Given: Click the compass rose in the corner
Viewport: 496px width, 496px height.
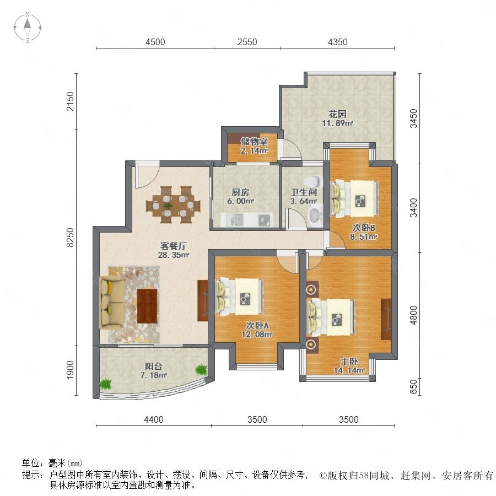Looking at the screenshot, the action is (x=28, y=28).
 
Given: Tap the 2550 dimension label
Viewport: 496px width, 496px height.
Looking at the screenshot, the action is (x=247, y=42).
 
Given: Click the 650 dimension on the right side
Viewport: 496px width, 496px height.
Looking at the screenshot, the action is (x=413, y=386).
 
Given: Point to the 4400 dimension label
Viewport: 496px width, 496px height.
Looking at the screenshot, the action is (x=153, y=419).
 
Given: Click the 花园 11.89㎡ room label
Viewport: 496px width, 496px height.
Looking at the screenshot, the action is (x=337, y=118).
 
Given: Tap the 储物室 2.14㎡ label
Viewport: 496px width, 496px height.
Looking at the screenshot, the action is (x=254, y=146).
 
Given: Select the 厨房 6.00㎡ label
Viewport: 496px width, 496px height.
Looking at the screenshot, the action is (x=240, y=196).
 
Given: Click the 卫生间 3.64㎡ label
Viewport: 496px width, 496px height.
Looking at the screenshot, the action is (x=304, y=196).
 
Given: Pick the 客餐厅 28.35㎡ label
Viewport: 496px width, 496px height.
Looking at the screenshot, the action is (x=174, y=250).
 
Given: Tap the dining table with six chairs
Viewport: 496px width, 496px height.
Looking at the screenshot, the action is (x=173, y=205).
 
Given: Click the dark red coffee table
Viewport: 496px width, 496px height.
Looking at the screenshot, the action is (x=147, y=306).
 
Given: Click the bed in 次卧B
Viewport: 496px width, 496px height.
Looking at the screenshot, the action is (x=354, y=198).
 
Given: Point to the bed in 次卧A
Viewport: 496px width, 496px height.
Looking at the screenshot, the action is (x=240, y=296).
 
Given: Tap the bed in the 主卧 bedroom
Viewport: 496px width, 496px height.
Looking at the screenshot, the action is (x=331, y=317).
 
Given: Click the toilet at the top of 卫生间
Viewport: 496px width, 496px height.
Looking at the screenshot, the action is (x=312, y=182).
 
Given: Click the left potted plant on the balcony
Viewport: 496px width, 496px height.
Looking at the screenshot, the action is (x=105, y=384).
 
